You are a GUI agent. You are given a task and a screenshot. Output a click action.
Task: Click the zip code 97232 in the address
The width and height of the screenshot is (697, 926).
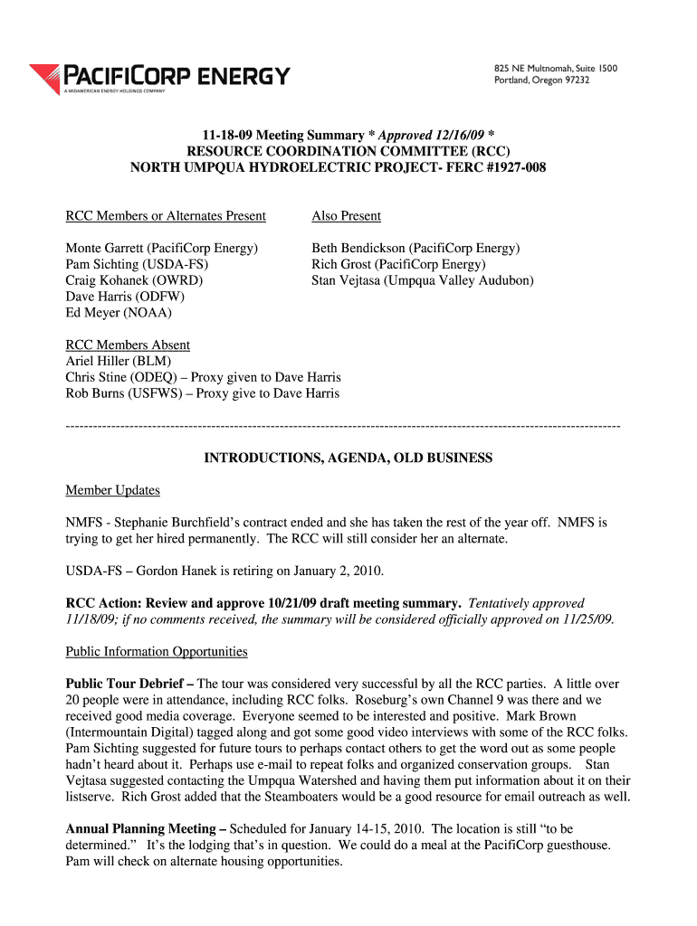[x=572, y=80]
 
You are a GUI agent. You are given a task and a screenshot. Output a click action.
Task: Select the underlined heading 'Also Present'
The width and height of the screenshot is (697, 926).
[x=346, y=216]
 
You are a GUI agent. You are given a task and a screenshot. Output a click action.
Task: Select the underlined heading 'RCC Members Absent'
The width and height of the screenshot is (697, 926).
[x=128, y=345]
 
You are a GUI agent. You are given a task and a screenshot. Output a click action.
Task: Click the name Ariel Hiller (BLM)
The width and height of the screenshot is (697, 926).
[x=118, y=361]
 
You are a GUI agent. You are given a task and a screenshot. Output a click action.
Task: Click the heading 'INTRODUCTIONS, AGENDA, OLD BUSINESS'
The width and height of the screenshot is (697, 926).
[x=348, y=458]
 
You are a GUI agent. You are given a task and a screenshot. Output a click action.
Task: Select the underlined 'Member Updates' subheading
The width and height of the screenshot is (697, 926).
[x=112, y=490]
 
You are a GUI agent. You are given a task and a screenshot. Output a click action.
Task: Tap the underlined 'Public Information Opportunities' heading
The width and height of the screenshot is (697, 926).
[x=157, y=652]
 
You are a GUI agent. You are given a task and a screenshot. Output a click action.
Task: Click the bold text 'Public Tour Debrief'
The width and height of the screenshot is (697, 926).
[x=127, y=685]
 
